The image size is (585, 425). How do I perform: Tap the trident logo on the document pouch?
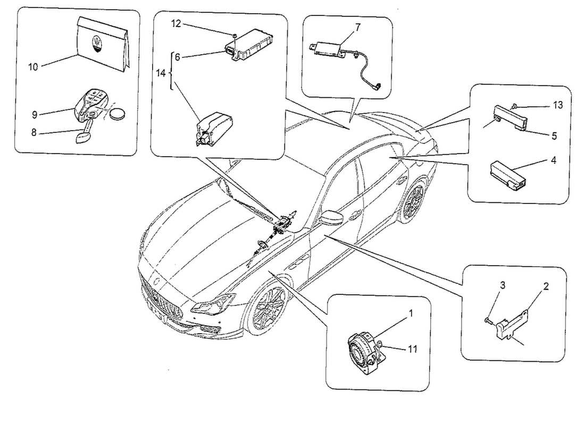(96, 42)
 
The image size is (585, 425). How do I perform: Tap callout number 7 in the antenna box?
(357, 27)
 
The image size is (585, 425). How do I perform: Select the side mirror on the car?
(330, 218)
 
